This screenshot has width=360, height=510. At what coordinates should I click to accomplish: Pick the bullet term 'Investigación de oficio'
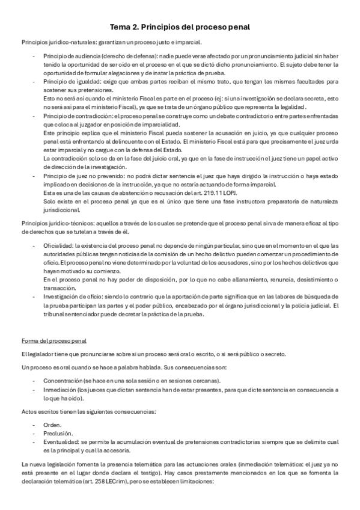(x=73, y=297)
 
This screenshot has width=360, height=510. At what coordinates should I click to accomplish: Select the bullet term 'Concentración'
(x=62, y=381)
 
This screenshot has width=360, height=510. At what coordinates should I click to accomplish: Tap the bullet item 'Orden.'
(x=52, y=424)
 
